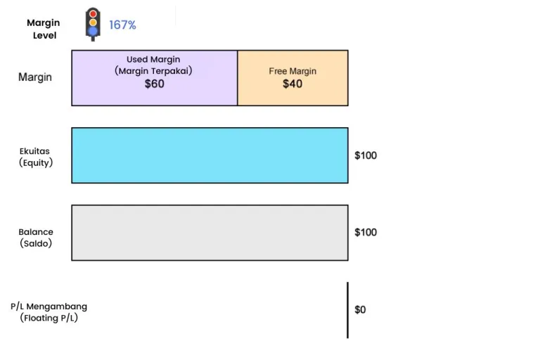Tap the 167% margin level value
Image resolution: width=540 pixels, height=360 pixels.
[122, 25]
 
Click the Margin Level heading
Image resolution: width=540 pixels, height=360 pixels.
[44, 29]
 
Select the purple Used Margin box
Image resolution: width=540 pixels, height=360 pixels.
[154, 95]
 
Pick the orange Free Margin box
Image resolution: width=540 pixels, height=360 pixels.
[292, 96]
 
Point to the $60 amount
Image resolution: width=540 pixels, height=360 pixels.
[154, 84]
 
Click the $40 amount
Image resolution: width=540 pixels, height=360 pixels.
[292, 84]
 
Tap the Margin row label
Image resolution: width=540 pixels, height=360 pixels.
[35, 77]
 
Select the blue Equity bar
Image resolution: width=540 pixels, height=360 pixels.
[210, 155]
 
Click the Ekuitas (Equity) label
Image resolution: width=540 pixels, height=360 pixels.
[36, 156]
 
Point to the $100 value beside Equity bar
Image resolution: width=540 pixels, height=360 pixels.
[366, 155]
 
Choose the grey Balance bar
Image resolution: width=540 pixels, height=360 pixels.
[210, 233]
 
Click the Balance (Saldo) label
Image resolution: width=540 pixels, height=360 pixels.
[36, 238]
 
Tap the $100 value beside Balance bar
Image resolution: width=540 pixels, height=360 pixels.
[366, 232]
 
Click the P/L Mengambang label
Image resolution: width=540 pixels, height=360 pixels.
[49, 307]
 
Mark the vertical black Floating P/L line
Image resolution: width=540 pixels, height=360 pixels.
[347, 310]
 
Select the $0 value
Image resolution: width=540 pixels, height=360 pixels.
[360, 309]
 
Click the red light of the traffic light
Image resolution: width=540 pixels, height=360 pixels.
[92, 14]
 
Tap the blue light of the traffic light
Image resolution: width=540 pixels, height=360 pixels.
[92, 31]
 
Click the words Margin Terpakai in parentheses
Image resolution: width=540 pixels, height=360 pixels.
[154, 71]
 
